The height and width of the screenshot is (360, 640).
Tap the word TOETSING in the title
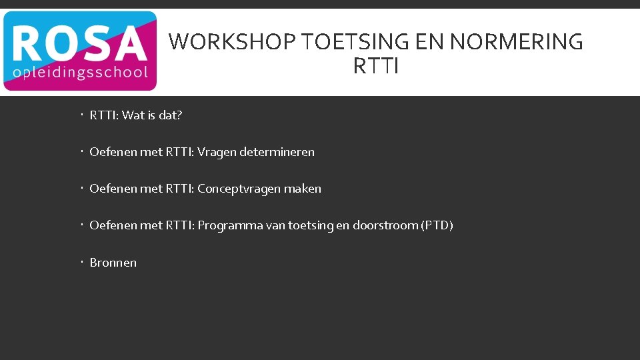[355, 42]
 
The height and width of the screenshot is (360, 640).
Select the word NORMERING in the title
[517, 42]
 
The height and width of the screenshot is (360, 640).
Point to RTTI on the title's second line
[376, 67]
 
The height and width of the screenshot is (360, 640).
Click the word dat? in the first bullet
[170, 115]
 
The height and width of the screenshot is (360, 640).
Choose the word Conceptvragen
[239, 189]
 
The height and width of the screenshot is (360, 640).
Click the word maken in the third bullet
[303, 189]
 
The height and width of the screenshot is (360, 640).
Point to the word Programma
[230, 225]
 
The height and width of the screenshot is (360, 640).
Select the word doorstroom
[385, 225]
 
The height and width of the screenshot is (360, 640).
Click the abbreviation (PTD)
[437, 225]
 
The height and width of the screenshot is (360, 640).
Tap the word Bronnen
[113, 263]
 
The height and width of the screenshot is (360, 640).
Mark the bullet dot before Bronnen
[79, 262]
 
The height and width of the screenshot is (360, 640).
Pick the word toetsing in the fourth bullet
[311, 225]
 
